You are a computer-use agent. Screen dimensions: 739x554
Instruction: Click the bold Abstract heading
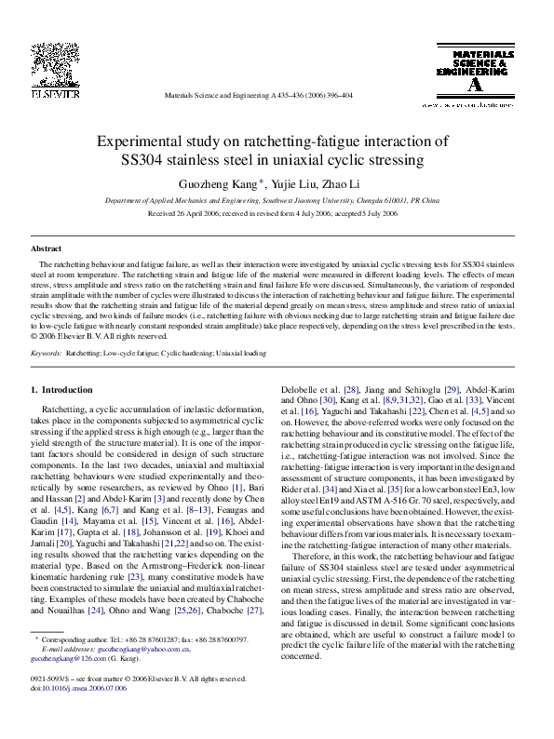(47, 249)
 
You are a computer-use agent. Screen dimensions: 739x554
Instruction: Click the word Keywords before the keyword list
(47, 354)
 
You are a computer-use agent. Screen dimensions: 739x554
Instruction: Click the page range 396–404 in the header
(334, 95)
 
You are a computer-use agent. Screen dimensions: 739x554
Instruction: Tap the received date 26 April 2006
(196, 212)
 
